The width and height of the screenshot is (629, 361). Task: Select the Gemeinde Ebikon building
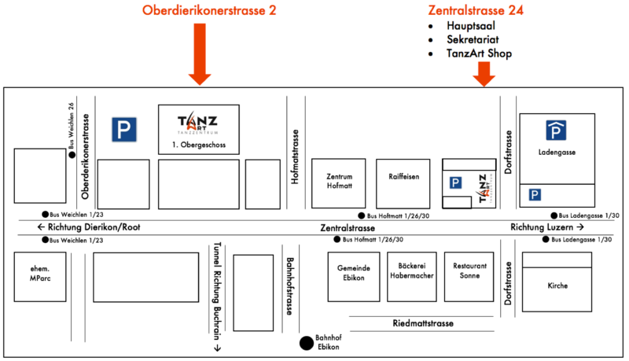354,276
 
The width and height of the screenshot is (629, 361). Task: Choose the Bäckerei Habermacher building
410,276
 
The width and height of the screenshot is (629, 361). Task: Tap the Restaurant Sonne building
468,276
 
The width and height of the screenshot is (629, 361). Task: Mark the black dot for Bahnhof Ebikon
305,342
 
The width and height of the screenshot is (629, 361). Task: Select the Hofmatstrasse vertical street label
296,157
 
